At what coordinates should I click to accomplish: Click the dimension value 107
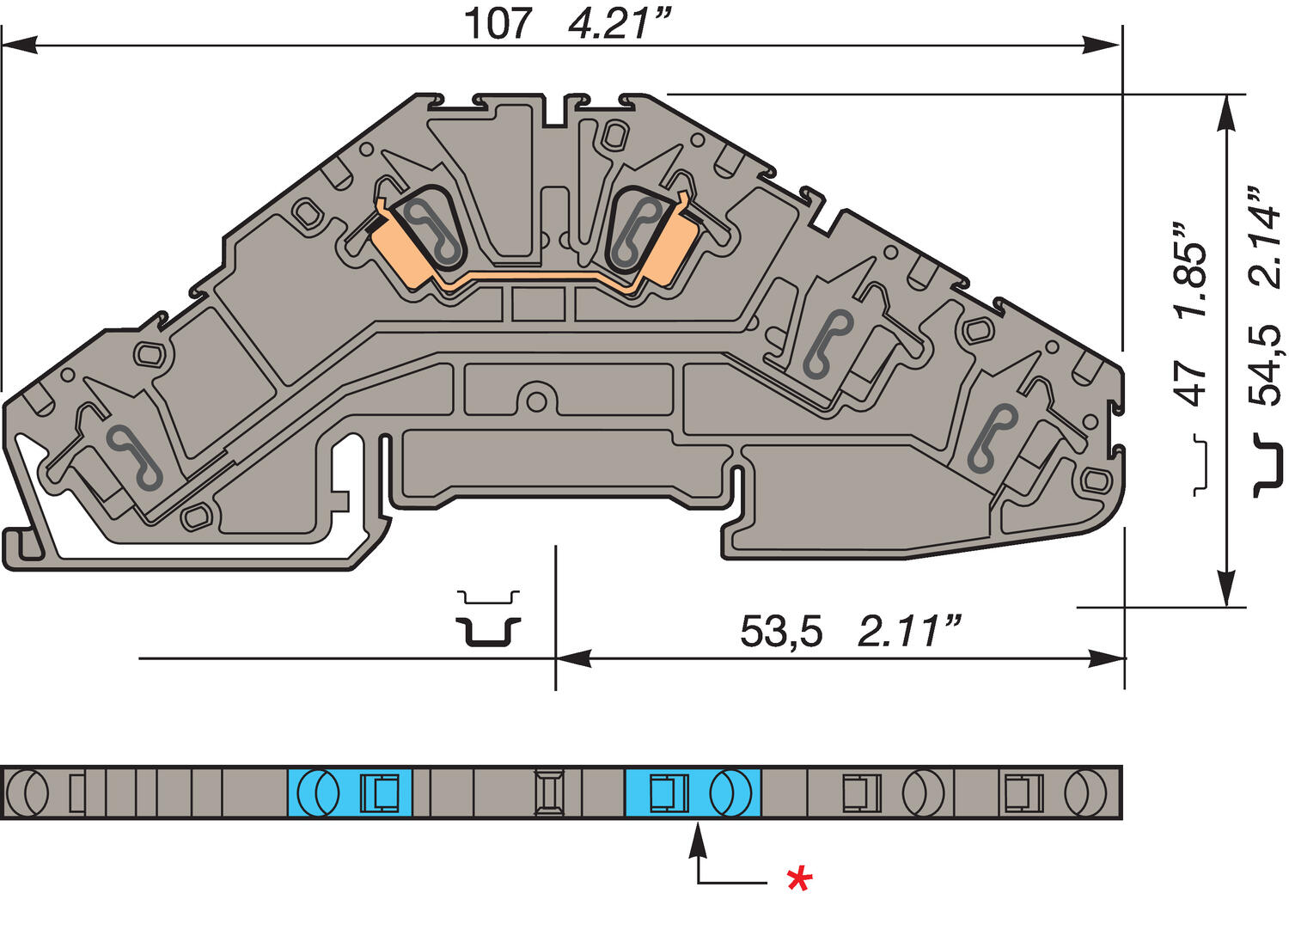[498, 23]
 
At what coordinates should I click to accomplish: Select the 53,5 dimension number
[780, 633]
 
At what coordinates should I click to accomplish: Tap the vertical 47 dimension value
[1191, 382]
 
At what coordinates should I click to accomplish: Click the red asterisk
[799, 879]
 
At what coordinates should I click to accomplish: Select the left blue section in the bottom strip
[349, 792]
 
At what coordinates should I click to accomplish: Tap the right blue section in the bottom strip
[693, 792]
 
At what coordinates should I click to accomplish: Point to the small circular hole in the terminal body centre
[536, 401]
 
